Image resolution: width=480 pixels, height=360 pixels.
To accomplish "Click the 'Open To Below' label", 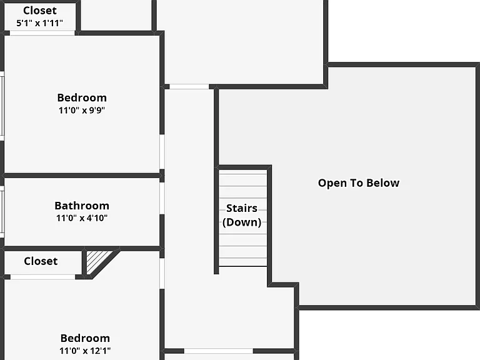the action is click(x=359, y=183).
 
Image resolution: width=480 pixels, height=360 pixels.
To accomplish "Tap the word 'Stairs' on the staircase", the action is click(x=241, y=208).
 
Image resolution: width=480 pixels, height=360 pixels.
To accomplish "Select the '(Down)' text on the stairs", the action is click(x=242, y=222).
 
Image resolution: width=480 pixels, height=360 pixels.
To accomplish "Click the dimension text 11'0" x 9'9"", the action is click(x=82, y=110).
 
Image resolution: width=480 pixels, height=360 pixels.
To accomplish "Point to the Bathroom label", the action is click(x=82, y=206).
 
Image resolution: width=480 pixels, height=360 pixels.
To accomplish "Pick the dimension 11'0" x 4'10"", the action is click(x=82, y=218).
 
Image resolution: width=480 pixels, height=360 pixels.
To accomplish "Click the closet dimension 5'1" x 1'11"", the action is click(x=39, y=22).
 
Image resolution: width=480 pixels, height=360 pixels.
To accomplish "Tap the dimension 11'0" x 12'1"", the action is click(x=85, y=351).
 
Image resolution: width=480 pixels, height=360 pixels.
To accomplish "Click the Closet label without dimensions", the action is click(x=41, y=261).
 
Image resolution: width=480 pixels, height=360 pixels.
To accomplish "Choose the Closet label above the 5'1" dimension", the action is click(x=40, y=11).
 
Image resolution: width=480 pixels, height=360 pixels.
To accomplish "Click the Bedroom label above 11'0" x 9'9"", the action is click(x=82, y=97).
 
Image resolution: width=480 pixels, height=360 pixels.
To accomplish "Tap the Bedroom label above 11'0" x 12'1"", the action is click(x=85, y=338).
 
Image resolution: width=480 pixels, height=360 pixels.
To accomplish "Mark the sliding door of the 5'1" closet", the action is click(x=42, y=33).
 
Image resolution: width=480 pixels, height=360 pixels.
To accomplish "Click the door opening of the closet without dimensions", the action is click(x=43, y=277).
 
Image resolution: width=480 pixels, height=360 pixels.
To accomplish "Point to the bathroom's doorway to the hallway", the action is click(x=162, y=198).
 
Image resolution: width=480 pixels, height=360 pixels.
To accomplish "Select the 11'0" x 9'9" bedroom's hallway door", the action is click(x=162, y=152).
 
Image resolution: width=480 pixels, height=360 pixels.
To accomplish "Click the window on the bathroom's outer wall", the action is click(x=2, y=212).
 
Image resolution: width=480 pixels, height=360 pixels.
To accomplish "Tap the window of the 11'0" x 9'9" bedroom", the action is click(x=2, y=106).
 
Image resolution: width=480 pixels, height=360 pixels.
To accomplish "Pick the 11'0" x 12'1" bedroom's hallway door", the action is click(x=162, y=273).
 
